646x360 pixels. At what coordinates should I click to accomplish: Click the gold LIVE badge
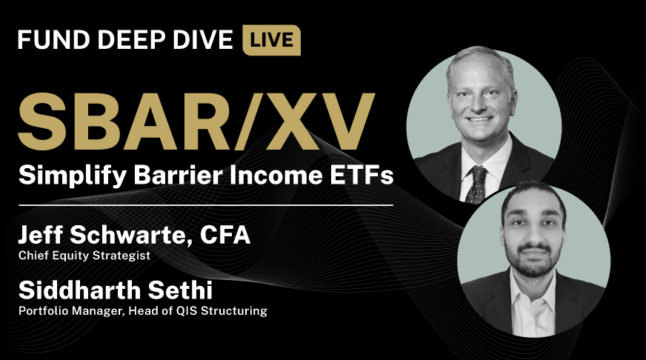pos(271,40)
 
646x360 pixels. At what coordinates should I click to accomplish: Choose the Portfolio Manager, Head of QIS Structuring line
pos(142,310)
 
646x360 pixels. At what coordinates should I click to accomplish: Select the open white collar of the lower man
pos(532,293)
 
